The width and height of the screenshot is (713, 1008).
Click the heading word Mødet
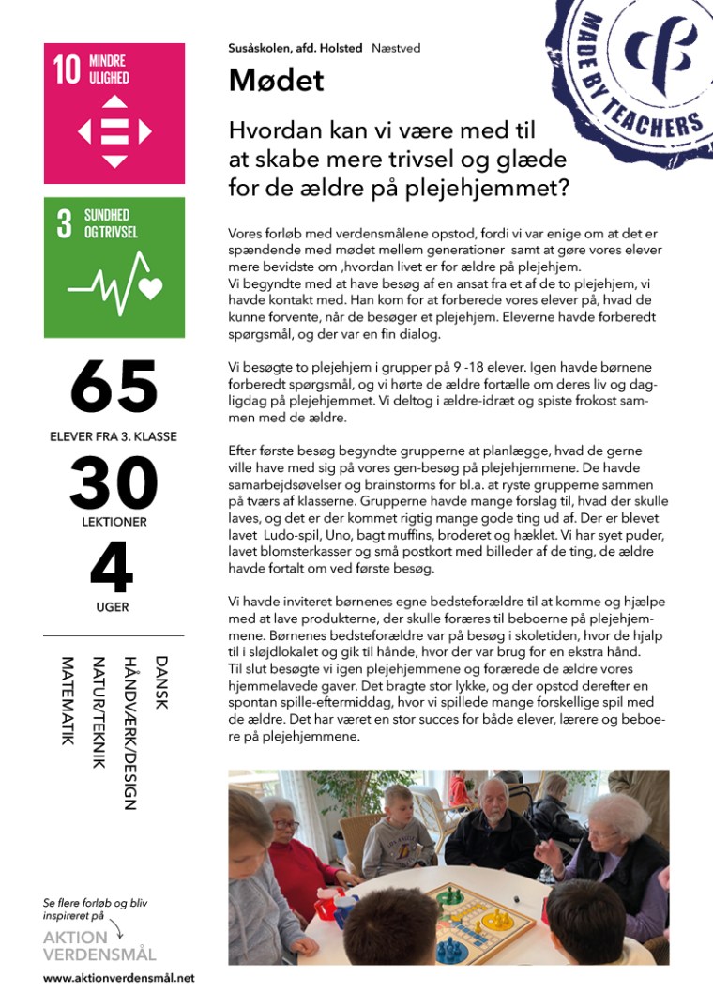pyautogui.click(x=276, y=81)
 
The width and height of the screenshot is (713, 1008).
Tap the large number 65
pyautogui.click(x=114, y=386)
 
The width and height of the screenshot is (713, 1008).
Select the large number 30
pyautogui.click(x=114, y=482)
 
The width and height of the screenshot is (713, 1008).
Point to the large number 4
pyautogui.click(x=113, y=568)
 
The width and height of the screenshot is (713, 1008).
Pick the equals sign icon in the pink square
pyautogui.click(x=114, y=132)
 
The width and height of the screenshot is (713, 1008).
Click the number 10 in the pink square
pyautogui.click(x=67, y=70)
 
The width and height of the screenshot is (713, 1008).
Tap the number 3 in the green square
pyautogui.click(x=64, y=224)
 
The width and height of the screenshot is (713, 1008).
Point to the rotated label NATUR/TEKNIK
pyautogui.click(x=99, y=712)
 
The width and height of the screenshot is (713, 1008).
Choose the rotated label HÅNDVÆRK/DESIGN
pyautogui.click(x=130, y=732)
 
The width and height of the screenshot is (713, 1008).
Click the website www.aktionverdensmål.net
pyautogui.click(x=118, y=978)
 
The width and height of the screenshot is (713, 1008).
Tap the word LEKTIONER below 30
pyautogui.click(x=114, y=521)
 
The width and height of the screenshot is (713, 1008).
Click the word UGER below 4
pyautogui.click(x=113, y=607)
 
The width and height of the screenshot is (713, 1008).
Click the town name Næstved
pyautogui.click(x=396, y=48)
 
